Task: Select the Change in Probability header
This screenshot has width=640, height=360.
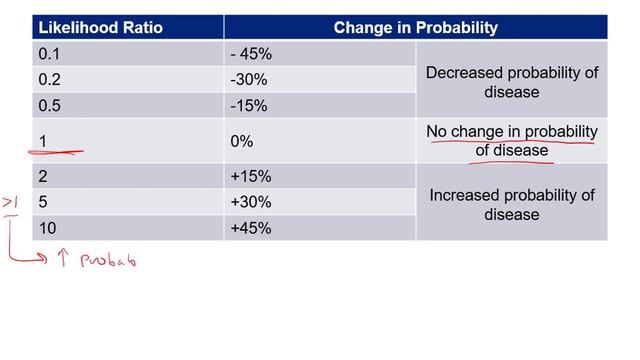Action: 415,28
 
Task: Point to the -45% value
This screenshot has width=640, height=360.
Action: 252,54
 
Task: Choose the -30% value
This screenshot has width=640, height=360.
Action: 250,80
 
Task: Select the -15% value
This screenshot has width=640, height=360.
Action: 250,105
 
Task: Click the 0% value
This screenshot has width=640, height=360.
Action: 241,142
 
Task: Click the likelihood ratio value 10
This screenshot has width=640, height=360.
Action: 47,229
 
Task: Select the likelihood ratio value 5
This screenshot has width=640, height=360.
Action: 43,203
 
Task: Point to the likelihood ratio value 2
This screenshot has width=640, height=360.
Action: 43,177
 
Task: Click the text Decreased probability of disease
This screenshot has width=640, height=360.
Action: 511,82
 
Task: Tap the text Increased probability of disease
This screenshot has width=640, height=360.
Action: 511,204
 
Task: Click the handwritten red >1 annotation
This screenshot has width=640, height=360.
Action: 11,204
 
